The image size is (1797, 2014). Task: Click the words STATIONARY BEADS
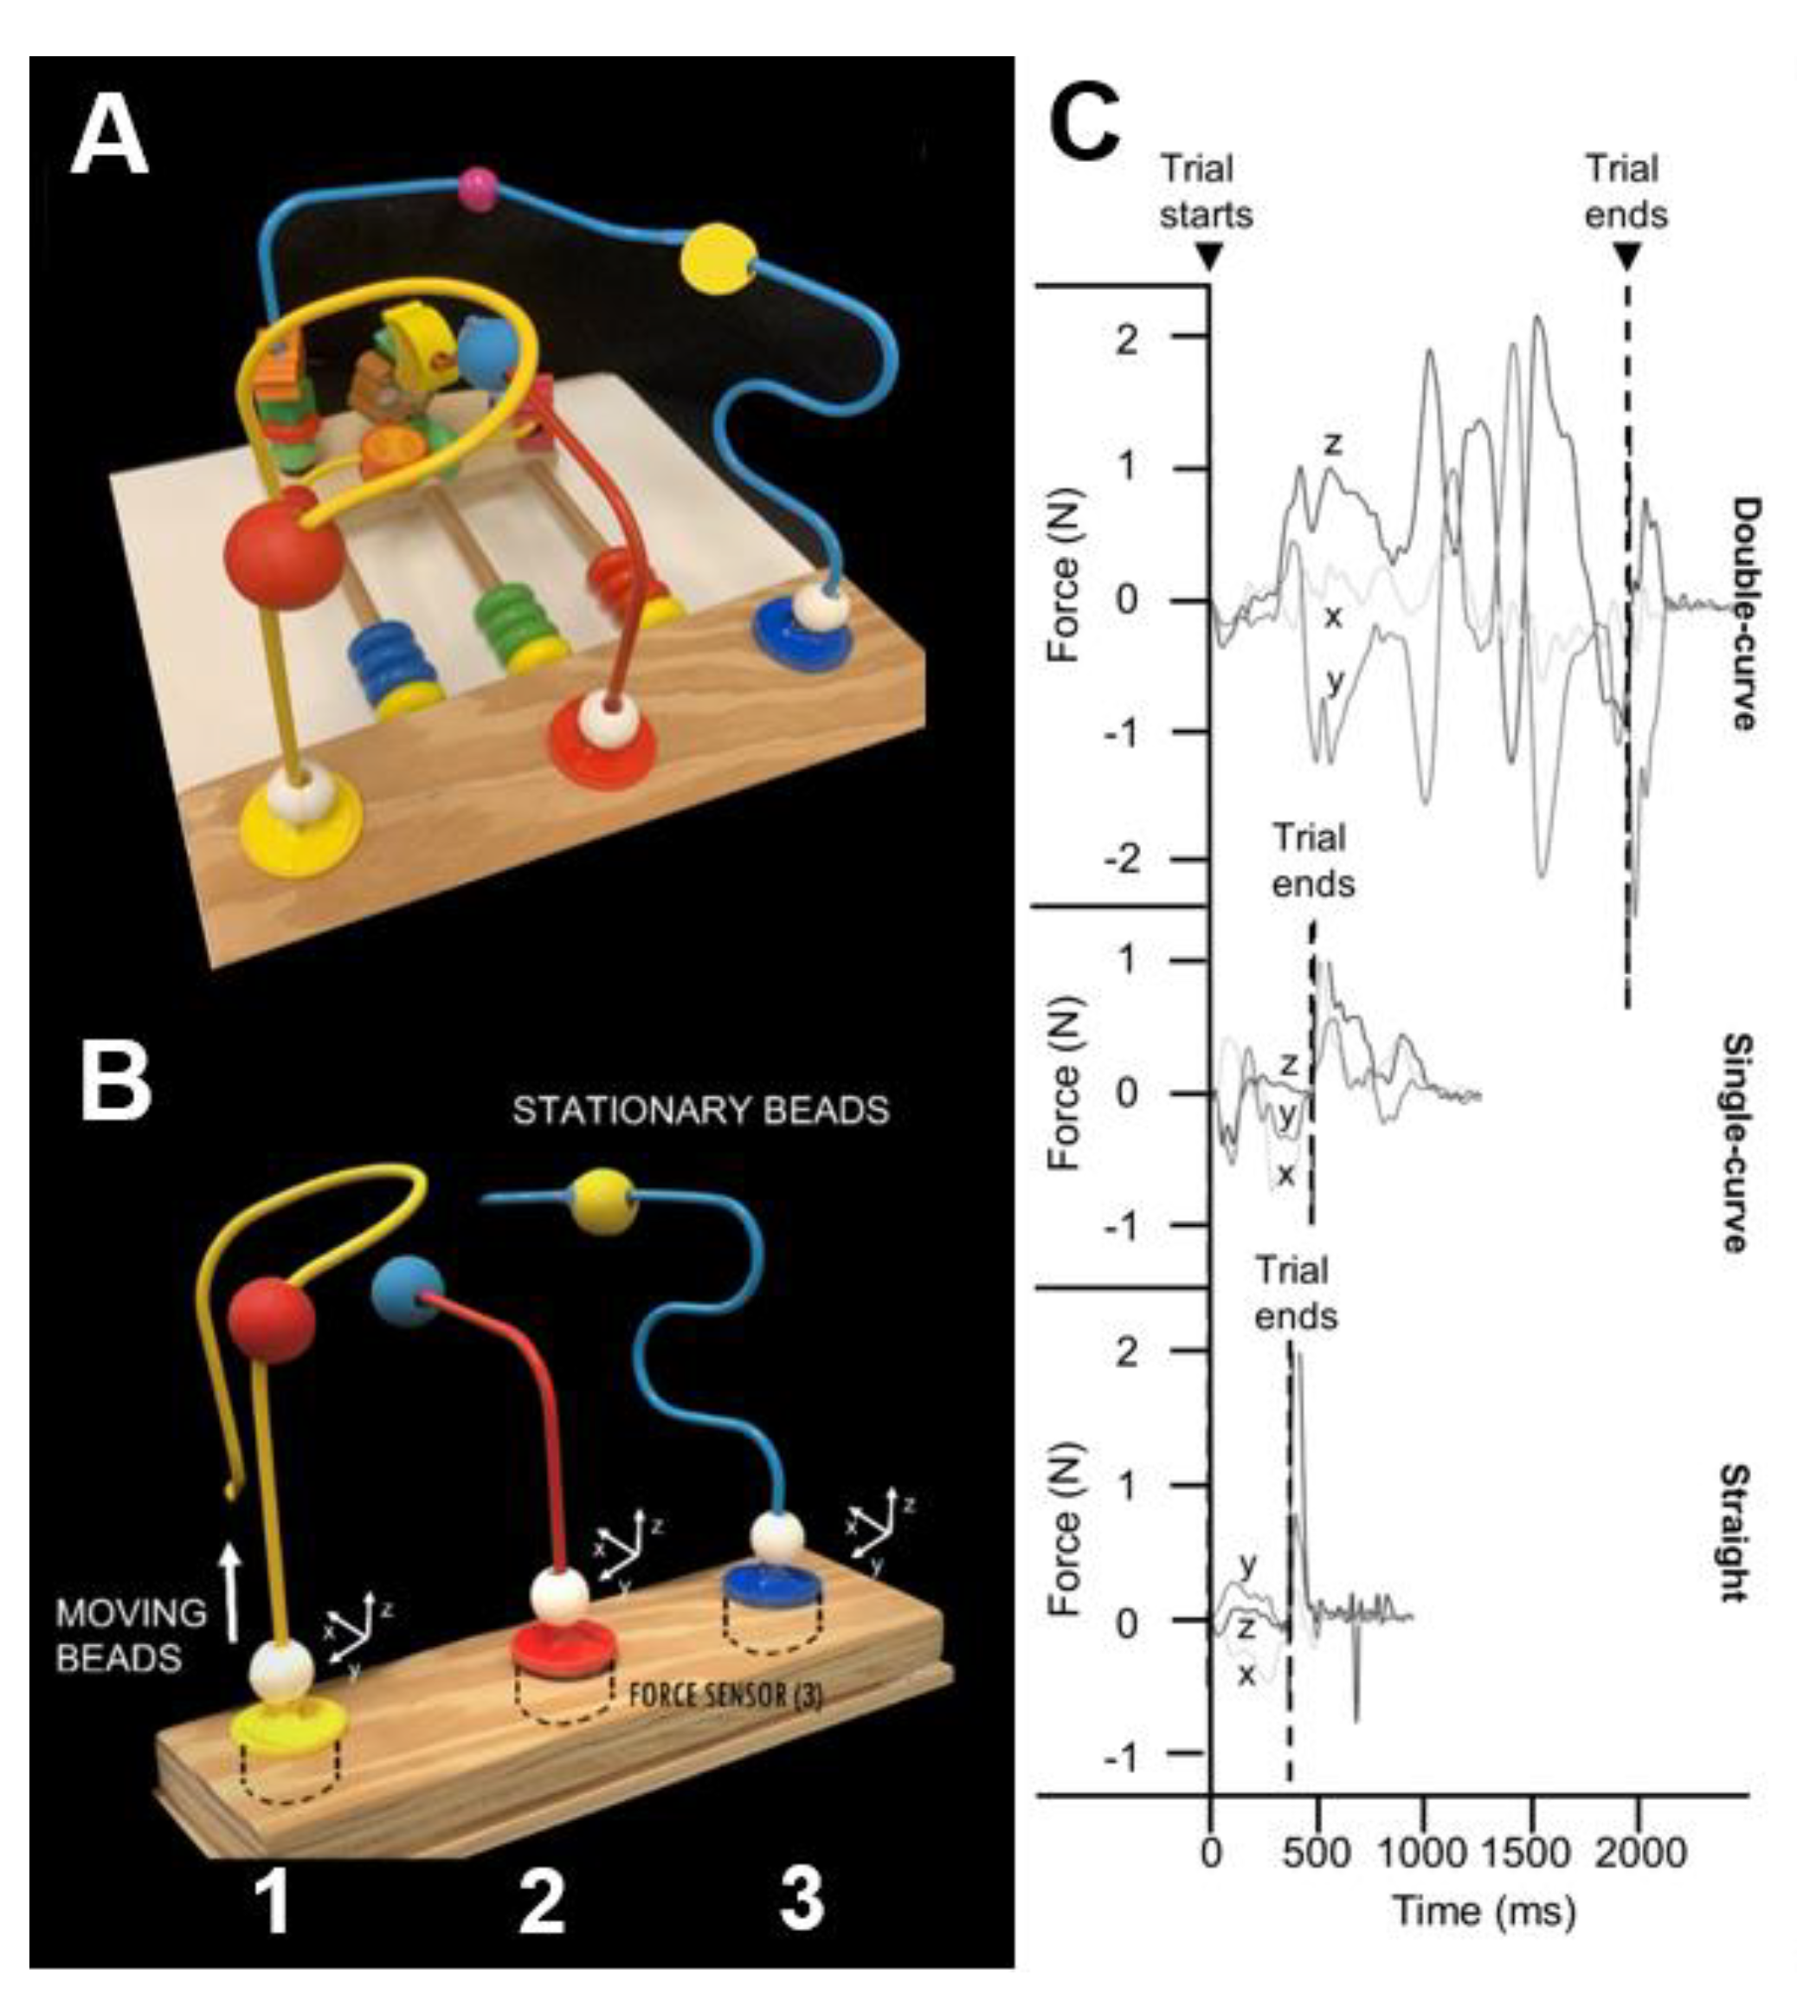click(x=700, y=1111)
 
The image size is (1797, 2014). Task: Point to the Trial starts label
click(x=1206, y=191)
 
